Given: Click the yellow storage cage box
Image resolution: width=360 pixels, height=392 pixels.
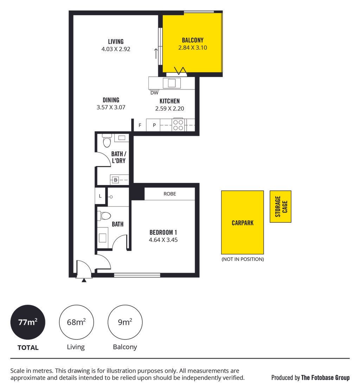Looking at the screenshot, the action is click(280, 207).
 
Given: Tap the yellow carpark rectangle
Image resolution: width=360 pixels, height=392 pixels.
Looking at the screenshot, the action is click(242, 222).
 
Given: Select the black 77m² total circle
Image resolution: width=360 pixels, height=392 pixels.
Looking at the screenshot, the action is click(28, 322).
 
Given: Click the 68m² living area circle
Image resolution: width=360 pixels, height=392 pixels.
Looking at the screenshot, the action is click(76, 322).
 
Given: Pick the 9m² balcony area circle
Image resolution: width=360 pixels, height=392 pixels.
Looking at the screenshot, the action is click(125, 322).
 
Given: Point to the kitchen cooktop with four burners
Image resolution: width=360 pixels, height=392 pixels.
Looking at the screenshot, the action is click(178, 125).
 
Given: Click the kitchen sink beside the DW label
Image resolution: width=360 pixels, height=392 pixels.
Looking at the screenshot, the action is click(172, 83).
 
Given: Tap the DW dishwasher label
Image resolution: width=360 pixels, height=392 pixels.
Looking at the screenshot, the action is click(154, 93).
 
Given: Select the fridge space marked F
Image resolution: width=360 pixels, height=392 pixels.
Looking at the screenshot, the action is click(140, 125).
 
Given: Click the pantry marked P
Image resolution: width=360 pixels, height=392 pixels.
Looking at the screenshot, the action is click(154, 125).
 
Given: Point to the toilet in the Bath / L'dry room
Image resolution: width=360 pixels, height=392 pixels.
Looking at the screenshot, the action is click(107, 141).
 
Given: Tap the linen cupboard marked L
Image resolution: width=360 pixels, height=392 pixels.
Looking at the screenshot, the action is click(100, 196).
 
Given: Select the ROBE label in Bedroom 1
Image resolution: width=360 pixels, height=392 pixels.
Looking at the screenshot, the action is click(170, 194).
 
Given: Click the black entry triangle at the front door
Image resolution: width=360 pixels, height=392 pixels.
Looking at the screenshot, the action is click(84, 280).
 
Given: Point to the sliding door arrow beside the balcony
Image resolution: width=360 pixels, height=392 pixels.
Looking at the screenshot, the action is click(156, 53).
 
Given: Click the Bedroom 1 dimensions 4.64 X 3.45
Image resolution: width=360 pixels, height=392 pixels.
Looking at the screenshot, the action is click(163, 240).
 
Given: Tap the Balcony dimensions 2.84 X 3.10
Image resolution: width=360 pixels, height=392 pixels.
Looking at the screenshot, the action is click(192, 48).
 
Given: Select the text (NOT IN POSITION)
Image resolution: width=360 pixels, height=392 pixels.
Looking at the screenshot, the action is click(243, 259).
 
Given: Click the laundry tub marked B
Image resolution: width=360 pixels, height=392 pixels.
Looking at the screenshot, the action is click(115, 180).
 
